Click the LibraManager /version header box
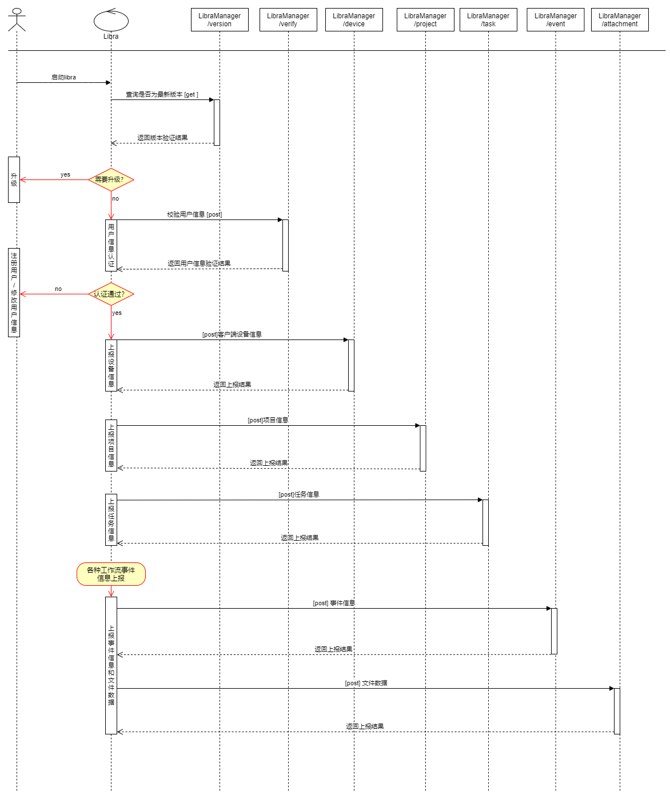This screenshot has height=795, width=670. point(220,20)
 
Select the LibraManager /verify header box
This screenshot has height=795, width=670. point(288,20)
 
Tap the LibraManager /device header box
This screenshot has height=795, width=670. point(354,20)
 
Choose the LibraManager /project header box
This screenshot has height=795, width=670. point(425,20)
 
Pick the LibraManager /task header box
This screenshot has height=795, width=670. point(488,20)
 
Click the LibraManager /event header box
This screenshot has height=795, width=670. point(555,20)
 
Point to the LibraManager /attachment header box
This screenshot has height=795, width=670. point(619,20)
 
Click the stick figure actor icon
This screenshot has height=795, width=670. point(17,19)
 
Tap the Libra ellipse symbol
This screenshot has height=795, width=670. point(111,21)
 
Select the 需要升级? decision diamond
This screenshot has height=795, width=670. point(111,179)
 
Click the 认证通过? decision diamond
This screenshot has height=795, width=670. point(111,294)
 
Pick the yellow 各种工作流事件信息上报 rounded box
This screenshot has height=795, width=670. point(111,574)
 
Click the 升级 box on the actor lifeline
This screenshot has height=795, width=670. point(14,179)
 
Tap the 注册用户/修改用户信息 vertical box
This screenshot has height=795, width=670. point(14,293)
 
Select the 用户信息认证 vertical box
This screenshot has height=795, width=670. point(111,246)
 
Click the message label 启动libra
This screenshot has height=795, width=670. point(63,77)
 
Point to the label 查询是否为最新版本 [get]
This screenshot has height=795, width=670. point(162,94)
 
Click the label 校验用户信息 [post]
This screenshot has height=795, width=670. point(194,214)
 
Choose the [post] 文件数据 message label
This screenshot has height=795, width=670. point(366,683)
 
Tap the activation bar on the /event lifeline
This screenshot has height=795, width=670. point(554,632)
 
